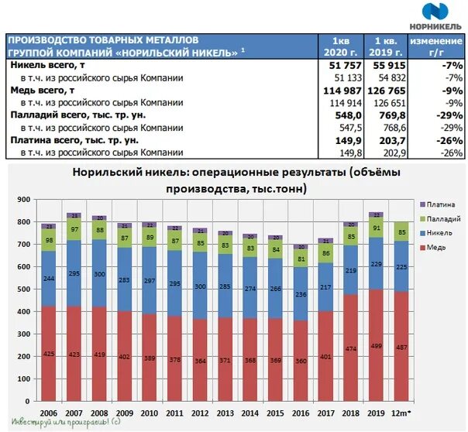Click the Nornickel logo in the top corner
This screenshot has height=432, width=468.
[442, 14]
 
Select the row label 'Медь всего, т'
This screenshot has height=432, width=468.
[43, 91]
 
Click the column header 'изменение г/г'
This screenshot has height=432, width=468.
[437, 46]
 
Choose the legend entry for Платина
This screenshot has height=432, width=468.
[435, 204]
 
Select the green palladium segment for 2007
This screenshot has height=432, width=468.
[74, 229]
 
